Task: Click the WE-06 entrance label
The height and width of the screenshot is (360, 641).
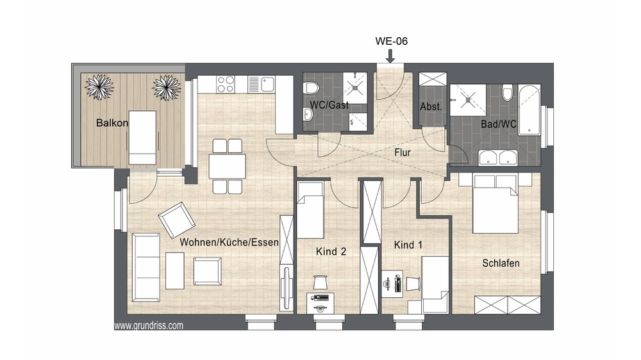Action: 391,41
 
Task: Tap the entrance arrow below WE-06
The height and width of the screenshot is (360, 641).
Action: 390,56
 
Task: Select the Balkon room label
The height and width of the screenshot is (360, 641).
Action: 112,122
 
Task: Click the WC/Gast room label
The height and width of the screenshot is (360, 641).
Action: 329,105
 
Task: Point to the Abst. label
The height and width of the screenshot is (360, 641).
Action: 431,107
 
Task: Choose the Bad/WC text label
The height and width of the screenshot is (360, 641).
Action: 499,124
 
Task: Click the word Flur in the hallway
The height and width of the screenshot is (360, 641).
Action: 403,152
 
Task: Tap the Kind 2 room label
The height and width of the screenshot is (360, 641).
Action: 331,251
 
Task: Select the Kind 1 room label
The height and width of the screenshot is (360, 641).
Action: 408,245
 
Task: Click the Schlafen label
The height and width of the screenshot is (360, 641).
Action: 501,263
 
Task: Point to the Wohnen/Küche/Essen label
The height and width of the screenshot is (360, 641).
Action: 229,242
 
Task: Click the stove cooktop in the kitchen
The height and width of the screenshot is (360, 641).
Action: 226,85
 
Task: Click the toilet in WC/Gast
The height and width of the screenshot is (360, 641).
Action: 312,88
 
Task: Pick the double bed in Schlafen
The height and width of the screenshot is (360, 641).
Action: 496,204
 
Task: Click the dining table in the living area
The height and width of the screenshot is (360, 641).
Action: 228,167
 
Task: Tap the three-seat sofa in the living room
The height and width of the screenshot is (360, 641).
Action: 146,267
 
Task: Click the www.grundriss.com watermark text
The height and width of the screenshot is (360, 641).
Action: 149,325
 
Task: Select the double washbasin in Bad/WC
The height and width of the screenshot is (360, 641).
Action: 497,158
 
